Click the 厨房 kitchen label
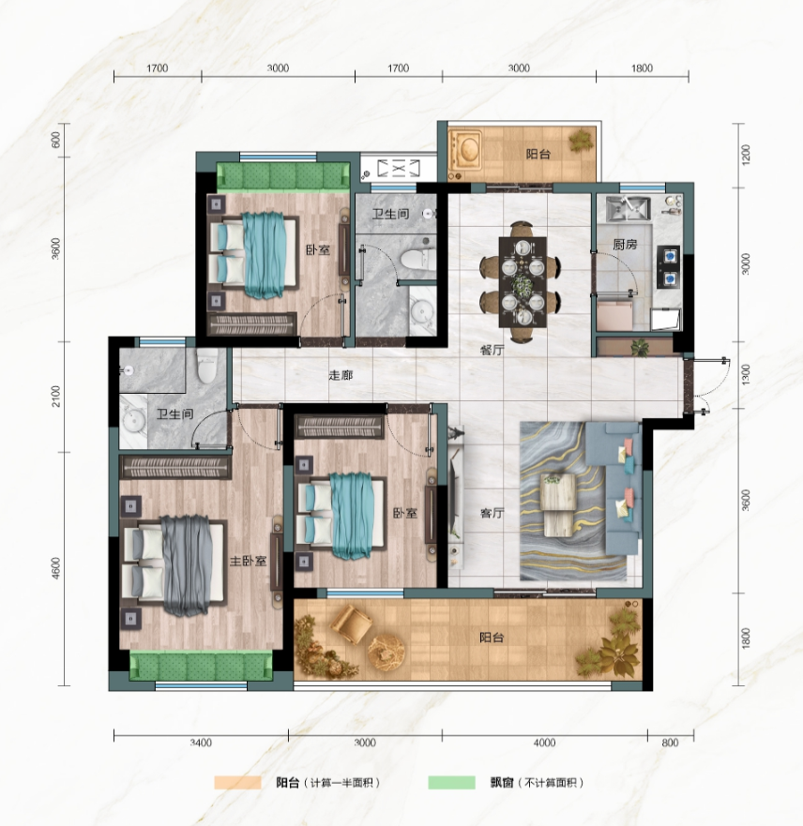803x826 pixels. tap(625, 245)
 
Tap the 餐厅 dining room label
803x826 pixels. tap(492, 350)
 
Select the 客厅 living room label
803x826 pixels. tap(492, 513)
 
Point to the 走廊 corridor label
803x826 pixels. tap(341, 375)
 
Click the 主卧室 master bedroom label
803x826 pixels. tap(248, 561)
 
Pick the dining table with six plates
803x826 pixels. tap(523, 282)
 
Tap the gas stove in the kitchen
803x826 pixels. tap(669, 267)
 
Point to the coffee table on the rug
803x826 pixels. tap(558, 505)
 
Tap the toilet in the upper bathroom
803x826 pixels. tap(418, 259)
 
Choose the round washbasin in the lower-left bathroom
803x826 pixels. tap(132, 421)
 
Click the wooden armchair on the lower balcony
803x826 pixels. tap(351, 623)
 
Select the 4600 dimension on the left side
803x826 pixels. tap(56, 568)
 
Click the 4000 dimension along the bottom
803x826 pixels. tap(544, 743)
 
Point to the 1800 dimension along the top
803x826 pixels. tap(642, 68)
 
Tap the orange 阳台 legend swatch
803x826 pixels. tap(237, 782)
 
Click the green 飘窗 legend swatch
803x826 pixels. tap(451, 782)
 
